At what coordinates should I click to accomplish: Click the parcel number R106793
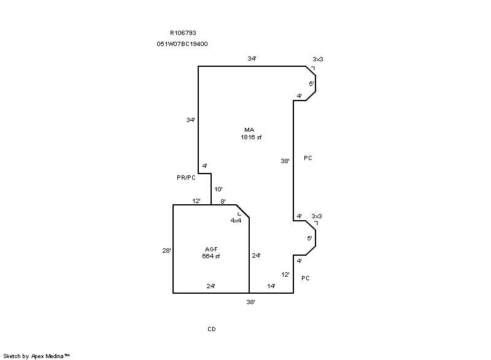183,33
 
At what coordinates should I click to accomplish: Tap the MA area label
249,130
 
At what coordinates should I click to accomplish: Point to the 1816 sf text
251,137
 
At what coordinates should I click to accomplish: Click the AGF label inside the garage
211,249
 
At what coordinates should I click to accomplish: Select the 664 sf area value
211,256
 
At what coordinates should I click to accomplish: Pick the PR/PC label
186,177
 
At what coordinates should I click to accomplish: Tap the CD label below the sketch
211,329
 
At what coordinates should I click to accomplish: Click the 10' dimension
218,190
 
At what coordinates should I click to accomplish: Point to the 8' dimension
223,201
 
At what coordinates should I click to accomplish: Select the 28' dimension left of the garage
166,250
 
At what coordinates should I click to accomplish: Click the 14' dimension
271,286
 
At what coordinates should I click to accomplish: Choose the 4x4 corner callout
236,220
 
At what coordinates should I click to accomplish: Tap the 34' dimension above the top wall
252,59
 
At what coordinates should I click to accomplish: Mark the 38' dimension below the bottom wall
250,302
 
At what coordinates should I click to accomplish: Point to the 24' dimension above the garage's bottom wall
211,286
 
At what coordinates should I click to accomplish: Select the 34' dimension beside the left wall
190,120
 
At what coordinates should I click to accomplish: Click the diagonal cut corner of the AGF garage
242,211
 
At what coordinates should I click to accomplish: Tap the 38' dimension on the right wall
285,161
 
